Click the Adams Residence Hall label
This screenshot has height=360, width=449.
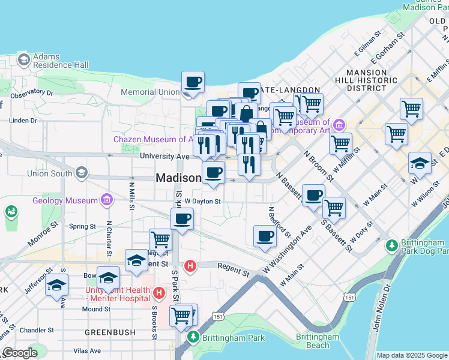click(x=61, y=61)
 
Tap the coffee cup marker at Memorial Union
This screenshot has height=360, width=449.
click(x=193, y=83)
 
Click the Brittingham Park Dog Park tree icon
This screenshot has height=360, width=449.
click(x=391, y=245)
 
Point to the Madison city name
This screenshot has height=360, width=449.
click(x=178, y=178)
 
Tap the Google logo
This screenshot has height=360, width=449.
click(x=20, y=353)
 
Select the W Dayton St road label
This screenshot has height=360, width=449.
click(x=203, y=202)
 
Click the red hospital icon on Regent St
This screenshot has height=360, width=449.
click(x=190, y=265)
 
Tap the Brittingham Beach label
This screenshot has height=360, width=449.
click(x=318, y=341)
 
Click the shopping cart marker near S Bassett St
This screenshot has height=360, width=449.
click(x=334, y=208)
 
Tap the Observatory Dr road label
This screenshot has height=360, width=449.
click(x=32, y=93)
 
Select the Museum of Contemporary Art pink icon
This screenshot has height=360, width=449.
click(x=339, y=125)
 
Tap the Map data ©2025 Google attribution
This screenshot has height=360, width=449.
click(x=412, y=355)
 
